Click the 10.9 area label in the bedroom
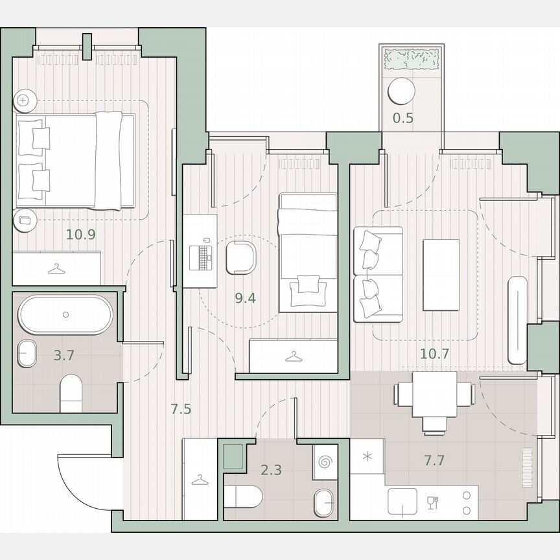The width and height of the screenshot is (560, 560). pyautogui.click(x=81, y=235)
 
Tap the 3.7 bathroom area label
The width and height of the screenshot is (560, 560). pyautogui.click(x=64, y=356)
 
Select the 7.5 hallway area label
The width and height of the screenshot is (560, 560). pyautogui.click(x=180, y=409)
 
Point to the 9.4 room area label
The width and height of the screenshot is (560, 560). pyautogui.click(x=244, y=298)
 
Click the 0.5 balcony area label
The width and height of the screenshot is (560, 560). pyautogui.click(x=403, y=119)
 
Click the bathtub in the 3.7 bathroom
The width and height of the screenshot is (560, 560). pyautogui.click(x=65, y=314)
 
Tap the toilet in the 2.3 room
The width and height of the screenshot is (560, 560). pyautogui.click(x=244, y=498)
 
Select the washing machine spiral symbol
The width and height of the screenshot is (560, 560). pyautogui.click(x=324, y=461)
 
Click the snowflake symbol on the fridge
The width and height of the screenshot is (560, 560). pyautogui.click(x=367, y=456)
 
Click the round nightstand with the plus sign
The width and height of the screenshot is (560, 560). pyautogui.click(x=23, y=100)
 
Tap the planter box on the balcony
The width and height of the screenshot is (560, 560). pyautogui.click(x=412, y=60)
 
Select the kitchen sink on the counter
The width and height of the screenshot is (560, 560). pyautogui.click(x=402, y=500)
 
